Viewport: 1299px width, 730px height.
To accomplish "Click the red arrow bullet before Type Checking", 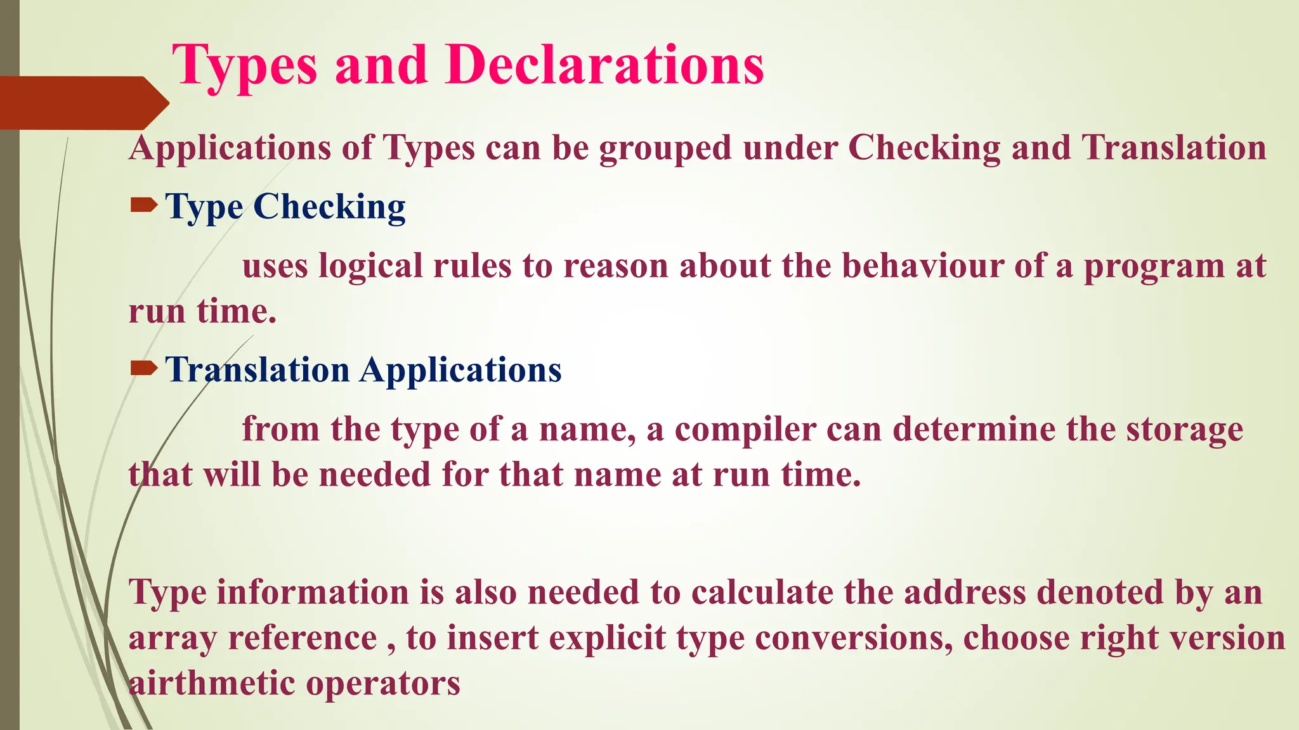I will pos(143,205).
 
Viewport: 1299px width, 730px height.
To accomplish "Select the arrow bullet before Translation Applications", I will pos(143,368).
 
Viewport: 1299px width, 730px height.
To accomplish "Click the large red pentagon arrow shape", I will pos(82,103).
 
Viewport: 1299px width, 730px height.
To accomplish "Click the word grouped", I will pos(665,149).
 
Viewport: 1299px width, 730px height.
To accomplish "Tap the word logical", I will pos(370,267).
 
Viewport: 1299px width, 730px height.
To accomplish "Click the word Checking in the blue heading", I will pos(329,207).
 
